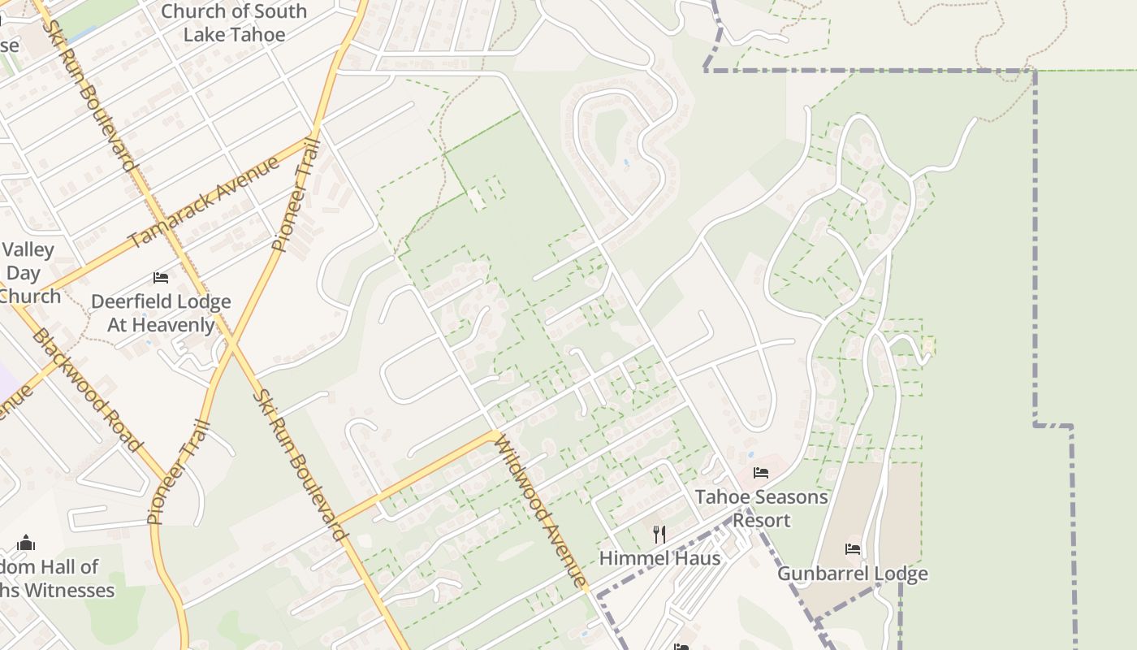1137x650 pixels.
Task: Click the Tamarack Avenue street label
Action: [x=204, y=202]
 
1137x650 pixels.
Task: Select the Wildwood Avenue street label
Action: [x=540, y=512]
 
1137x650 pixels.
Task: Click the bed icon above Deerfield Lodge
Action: [x=161, y=278]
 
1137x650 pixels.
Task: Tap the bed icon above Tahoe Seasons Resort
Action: [x=761, y=473]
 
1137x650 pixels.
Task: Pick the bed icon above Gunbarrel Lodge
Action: [x=853, y=549]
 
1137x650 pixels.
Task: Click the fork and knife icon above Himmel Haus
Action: [x=659, y=534]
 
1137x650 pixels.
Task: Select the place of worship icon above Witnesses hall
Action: [x=26, y=542]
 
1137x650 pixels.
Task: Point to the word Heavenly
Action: [x=175, y=325]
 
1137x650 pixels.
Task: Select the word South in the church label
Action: [x=262, y=11]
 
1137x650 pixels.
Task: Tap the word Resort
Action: [x=761, y=520]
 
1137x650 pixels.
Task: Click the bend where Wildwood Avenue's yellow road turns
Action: [x=494, y=435]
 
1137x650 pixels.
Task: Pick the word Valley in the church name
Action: [x=28, y=249]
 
